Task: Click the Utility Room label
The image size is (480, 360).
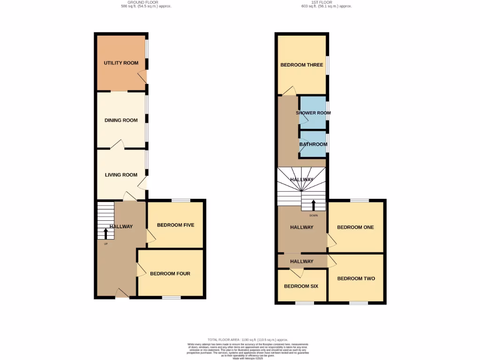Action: pos(121,63)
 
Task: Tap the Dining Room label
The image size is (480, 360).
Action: pos(121,120)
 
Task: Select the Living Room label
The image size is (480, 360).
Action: pos(121,175)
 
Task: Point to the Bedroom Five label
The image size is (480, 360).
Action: pos(175,225)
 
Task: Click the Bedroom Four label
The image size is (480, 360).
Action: pos(170,274)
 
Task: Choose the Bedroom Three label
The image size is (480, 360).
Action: pos(302,65)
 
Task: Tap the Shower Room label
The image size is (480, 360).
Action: pos(313,113)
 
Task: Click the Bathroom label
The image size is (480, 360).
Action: pos(313,144)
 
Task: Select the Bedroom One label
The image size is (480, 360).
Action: pos(355,227)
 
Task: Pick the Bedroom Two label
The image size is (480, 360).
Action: pos(356,278)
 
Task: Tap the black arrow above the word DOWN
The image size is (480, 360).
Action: pos(313,205)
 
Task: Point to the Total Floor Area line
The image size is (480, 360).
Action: pos(247,339)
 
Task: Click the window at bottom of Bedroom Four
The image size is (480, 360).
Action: pos(171,297)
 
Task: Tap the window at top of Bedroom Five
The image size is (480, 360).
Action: pos(181,201)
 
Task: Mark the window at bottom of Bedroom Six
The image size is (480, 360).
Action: pos(304,303)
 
